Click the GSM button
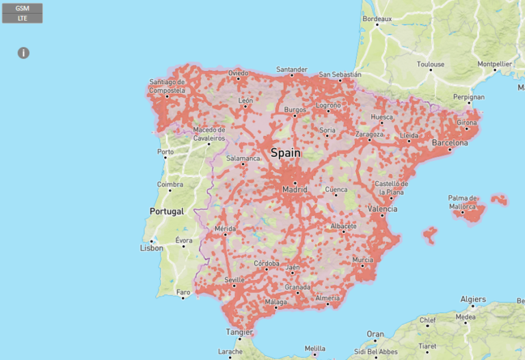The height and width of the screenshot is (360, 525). pos(22,8)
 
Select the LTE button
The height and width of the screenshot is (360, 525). pos(22,18)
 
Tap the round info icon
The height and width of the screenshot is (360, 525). pos(23,53)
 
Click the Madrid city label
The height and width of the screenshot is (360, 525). pos(295,189)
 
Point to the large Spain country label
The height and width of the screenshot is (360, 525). pos(285,153)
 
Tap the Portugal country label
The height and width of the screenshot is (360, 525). pos(167,211)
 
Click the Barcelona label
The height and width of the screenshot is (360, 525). pos(450,143)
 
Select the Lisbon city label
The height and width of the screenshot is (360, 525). pos(151,248)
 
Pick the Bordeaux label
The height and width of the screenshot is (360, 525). pos(377,19)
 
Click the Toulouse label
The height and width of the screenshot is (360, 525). pos(431,64)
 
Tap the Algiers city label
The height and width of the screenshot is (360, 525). pos(473,299)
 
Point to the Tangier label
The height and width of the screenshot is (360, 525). pos(239,333)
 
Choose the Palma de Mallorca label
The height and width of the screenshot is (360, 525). pos(463,202)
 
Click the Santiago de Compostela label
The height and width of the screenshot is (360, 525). pos(167,86)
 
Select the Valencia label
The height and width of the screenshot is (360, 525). pos(382,209)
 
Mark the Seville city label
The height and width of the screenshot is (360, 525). pos(234,280)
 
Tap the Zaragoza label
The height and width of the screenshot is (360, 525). pos(369,135)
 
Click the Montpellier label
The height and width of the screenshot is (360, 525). pos(495,64)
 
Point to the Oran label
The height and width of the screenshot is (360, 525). pos(375,334)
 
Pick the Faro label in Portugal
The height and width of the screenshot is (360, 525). pos(183,292)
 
